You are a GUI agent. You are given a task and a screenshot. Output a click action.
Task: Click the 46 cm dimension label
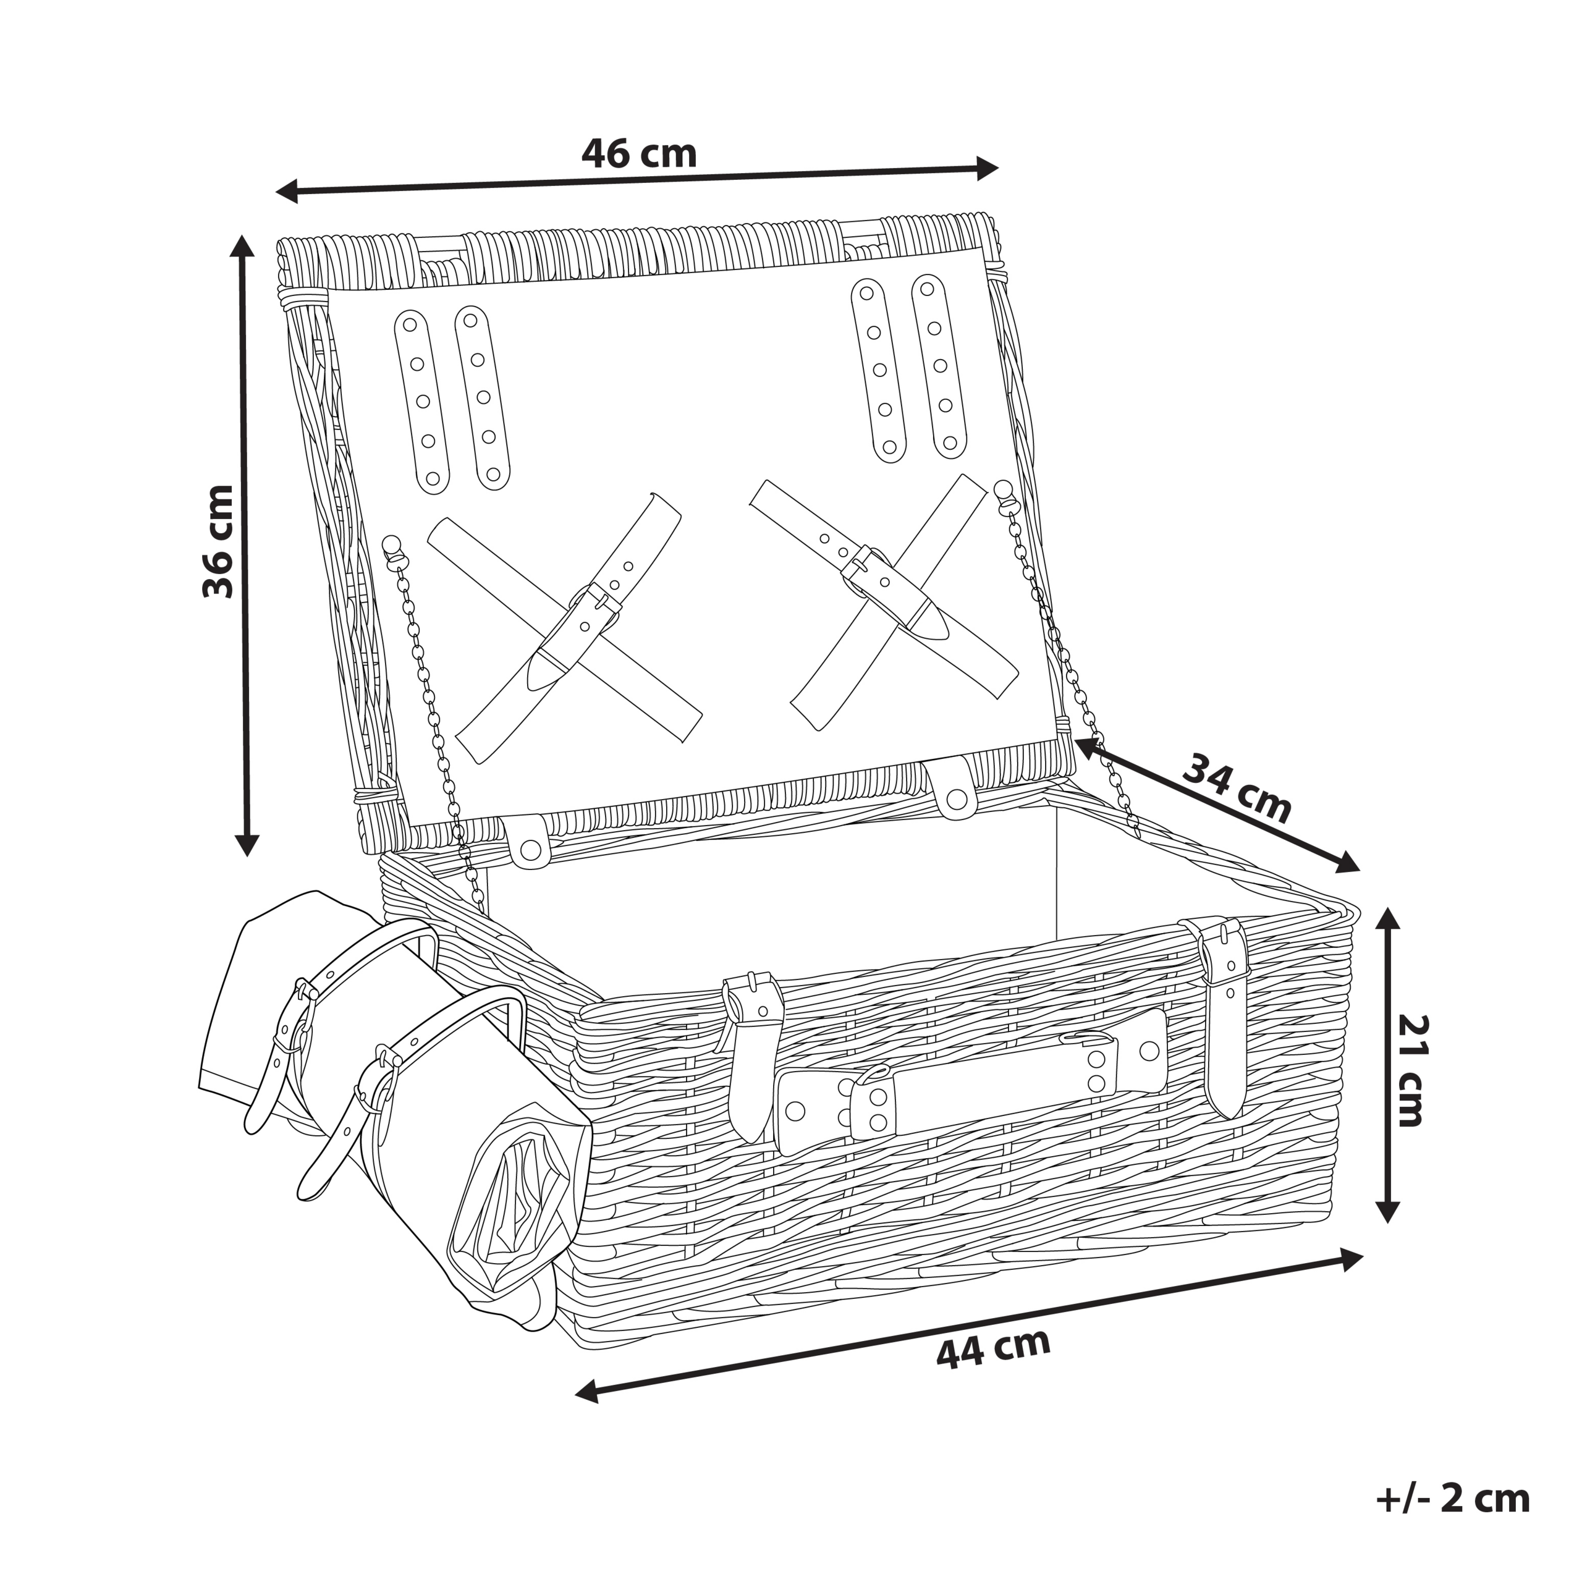[639, 153]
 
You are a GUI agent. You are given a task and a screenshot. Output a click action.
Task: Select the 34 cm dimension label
[1237, 789]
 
